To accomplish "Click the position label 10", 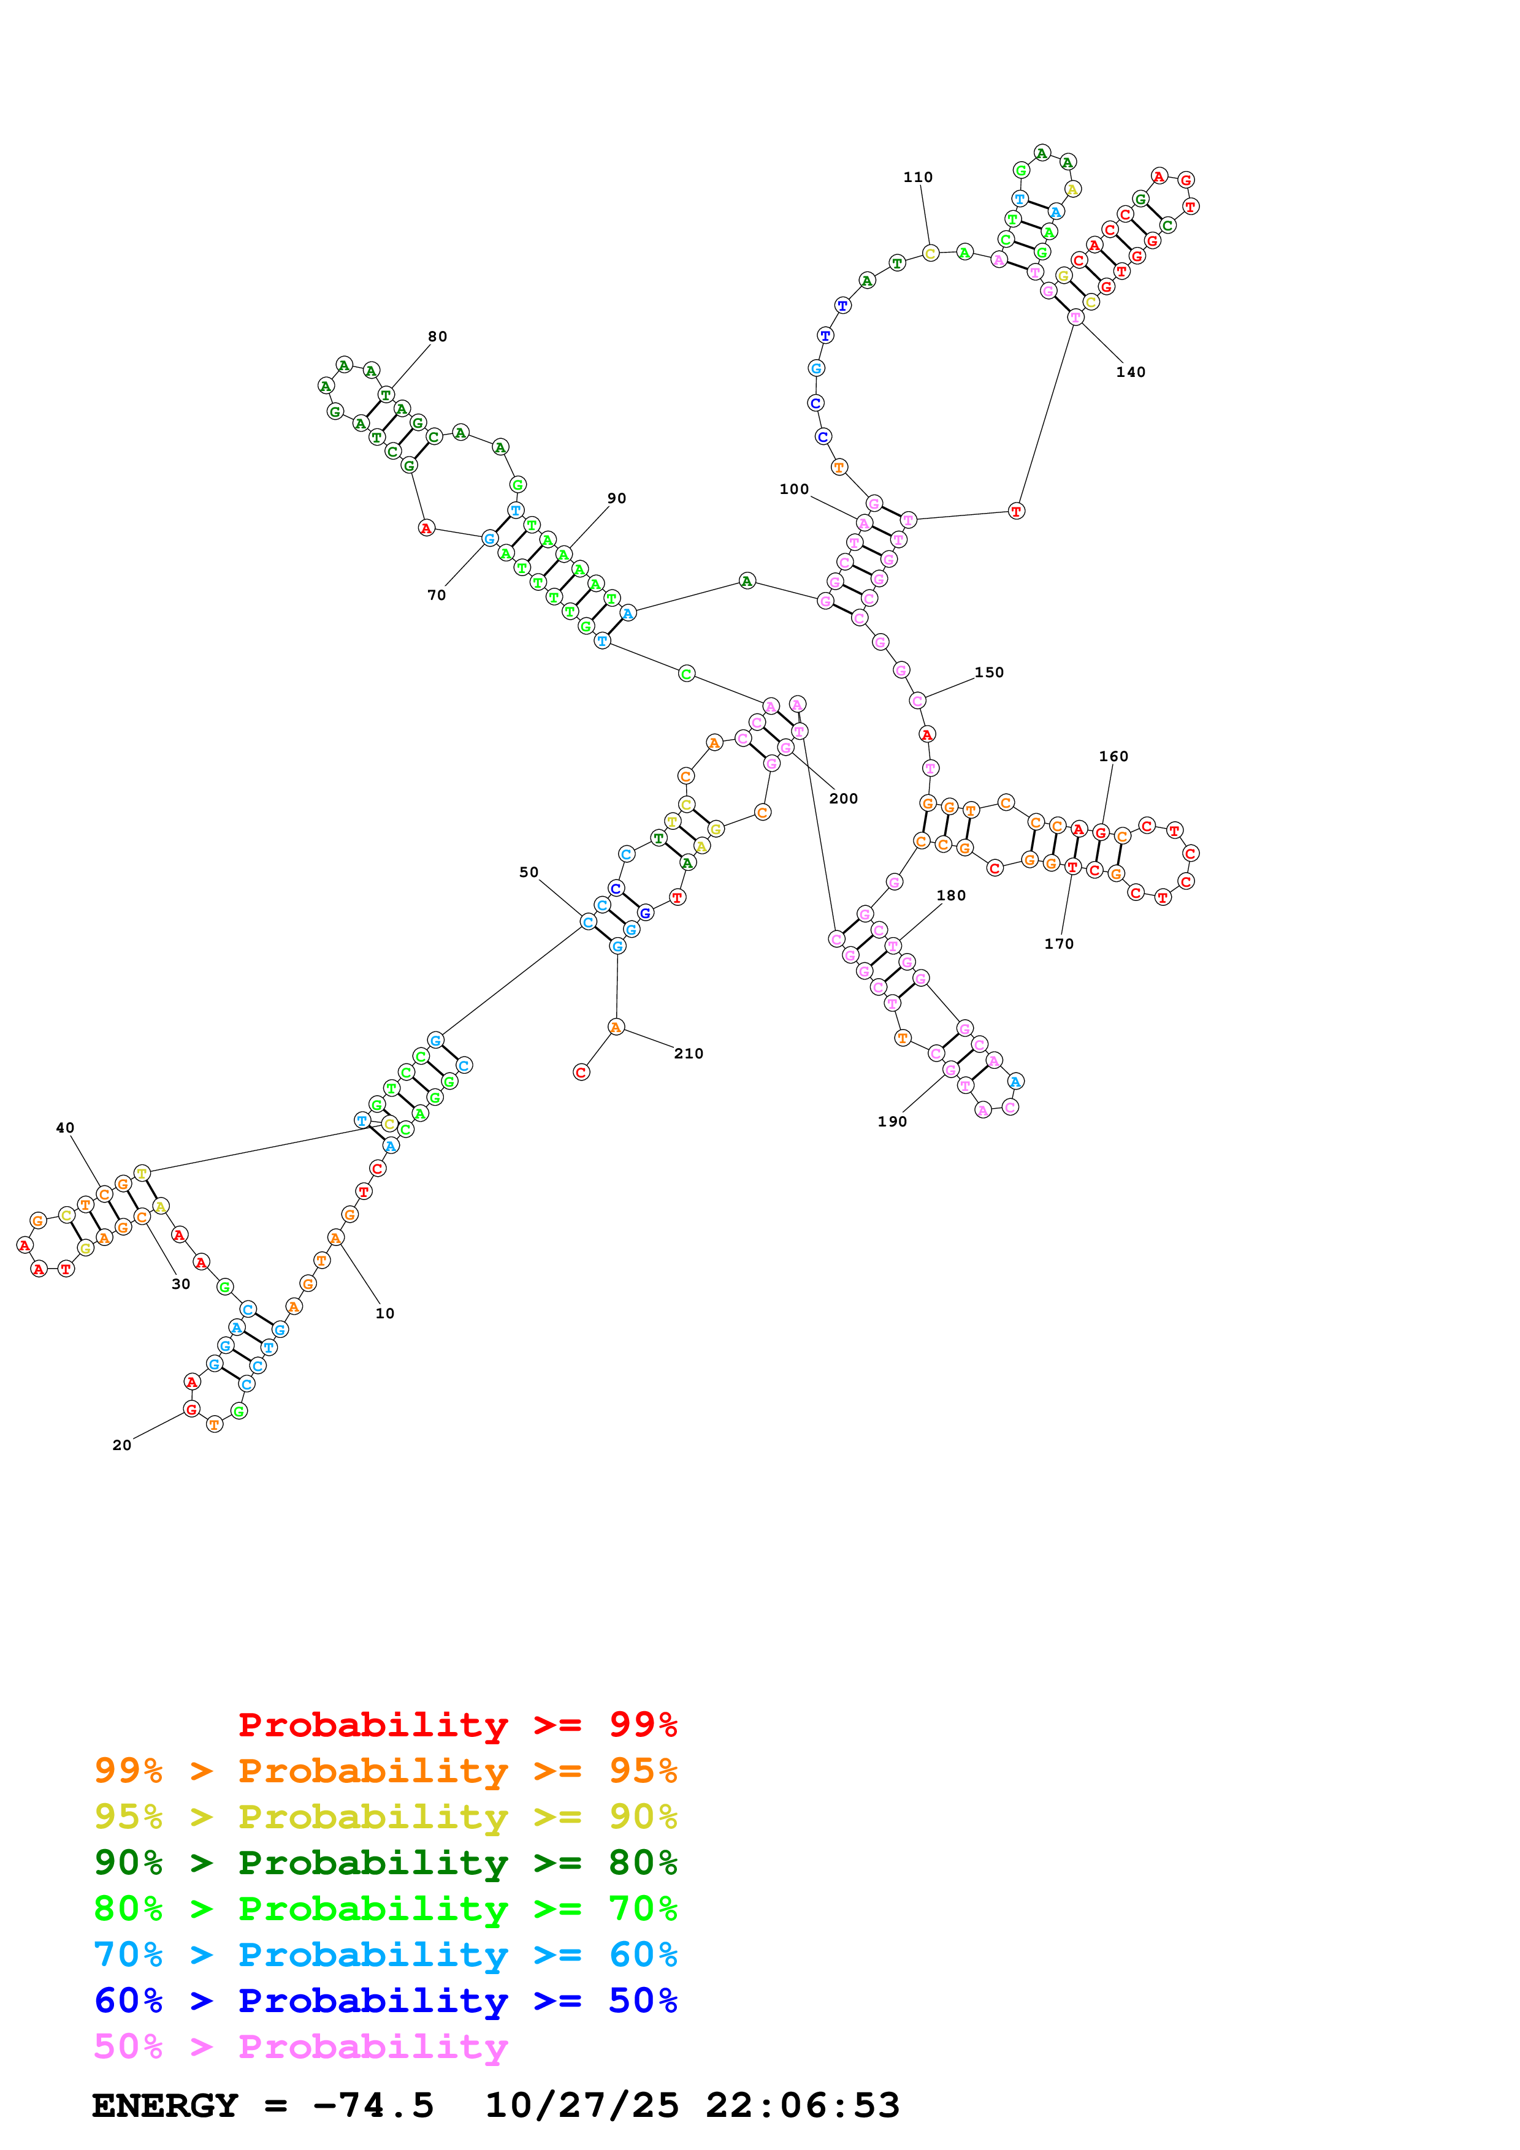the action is point(385,1314).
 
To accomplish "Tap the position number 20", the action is point(122,1446).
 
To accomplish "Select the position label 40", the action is point(64,1128).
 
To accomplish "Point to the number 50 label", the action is point(529,873).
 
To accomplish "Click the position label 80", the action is point(437,337).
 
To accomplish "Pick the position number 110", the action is point(918,178).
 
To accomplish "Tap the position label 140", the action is point(1131,373).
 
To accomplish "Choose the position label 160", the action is point(1113,757).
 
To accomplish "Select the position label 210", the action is point(689,1054).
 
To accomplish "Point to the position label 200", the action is point(843,799).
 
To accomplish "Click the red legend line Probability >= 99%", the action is point(457,1725).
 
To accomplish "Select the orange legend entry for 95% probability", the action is point(385,1771).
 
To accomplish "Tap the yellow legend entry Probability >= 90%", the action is point(385,1817).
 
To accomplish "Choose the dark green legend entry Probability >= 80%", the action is point(385,1863).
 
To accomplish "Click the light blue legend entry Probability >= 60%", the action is point(385,1954).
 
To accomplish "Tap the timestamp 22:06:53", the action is point(803,2106).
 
